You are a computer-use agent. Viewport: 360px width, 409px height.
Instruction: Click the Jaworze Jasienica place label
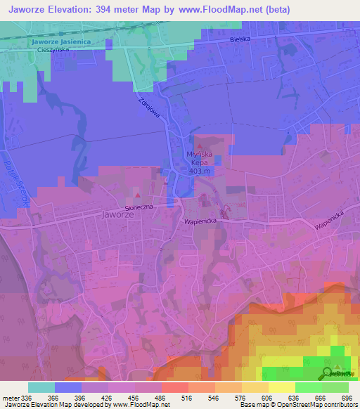pos(61,42)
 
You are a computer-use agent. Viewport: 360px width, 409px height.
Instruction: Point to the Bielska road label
pos(240,40)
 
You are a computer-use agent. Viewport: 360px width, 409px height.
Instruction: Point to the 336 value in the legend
pos(27,398)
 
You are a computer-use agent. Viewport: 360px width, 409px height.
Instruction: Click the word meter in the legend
pos(10,398)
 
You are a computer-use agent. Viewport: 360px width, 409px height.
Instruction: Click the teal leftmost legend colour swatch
pos(41,387)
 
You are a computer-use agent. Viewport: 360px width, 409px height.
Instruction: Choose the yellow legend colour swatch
pos(282,387)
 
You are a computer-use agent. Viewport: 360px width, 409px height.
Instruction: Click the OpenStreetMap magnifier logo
pos(328,372)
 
